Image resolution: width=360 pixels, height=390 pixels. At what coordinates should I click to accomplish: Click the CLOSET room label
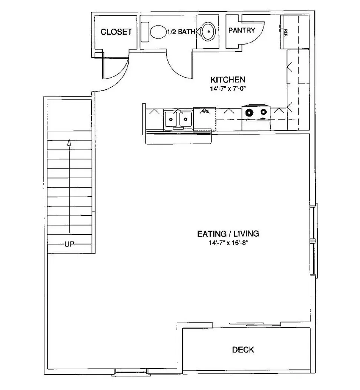point(116,32)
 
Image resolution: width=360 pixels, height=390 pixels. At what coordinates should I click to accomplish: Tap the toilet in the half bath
point(156,32)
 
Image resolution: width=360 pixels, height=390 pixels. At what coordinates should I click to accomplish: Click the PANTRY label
point(241,31)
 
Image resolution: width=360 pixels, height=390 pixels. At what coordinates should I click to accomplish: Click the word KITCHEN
point(228,80)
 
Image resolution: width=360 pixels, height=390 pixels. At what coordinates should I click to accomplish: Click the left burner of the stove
point(249,112)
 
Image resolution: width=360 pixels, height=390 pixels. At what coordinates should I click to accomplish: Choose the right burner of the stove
point(263,112)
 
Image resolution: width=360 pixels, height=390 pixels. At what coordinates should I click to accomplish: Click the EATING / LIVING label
point(228,234)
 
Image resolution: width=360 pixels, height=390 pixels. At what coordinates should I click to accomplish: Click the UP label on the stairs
point(69,244)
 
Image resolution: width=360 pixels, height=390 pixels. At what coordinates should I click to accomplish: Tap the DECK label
point(243,350)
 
